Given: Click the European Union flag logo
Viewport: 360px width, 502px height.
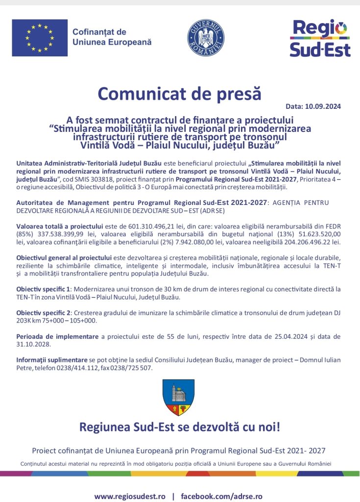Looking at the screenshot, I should (40, 38).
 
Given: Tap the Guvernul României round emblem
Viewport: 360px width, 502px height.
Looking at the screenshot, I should (206, 37).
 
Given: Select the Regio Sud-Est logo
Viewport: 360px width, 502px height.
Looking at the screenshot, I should (319, 38).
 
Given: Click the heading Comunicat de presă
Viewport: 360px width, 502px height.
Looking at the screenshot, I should (179, 93).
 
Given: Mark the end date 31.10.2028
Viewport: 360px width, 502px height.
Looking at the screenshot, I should (33, 344).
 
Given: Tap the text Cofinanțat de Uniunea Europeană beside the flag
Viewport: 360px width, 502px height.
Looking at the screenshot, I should (112, 37).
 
